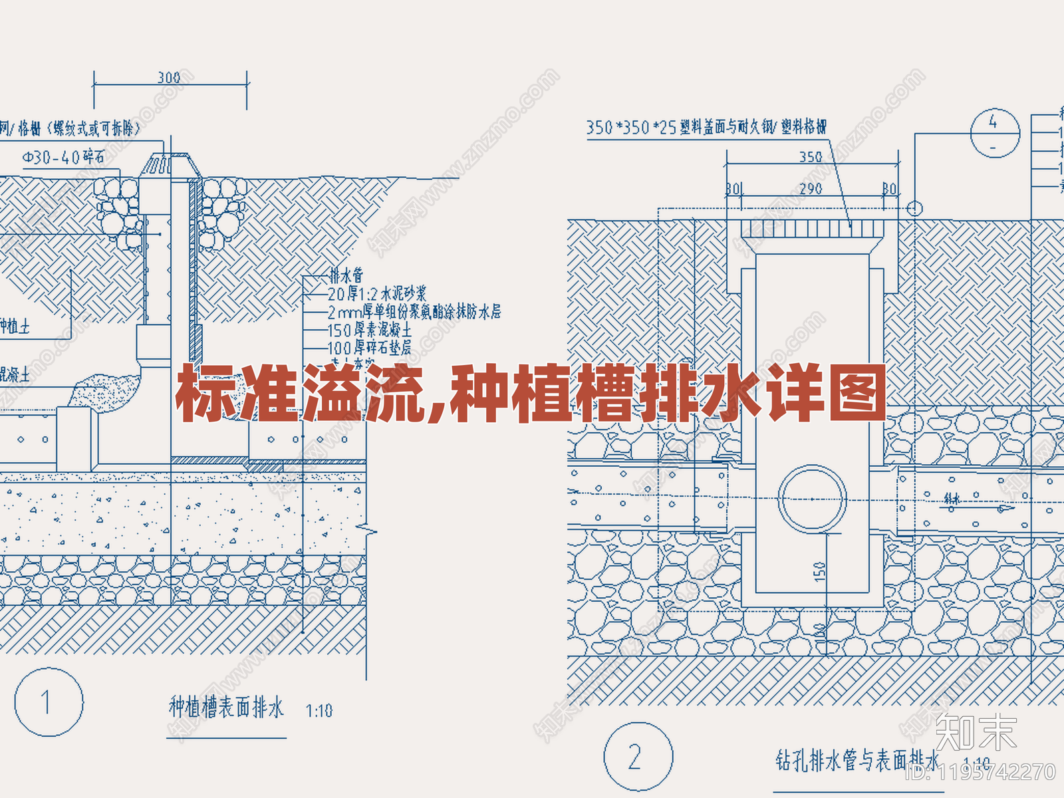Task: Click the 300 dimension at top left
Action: [x=169, y=78]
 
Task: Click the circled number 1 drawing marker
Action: [x=49, y=702]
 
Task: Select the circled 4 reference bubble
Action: [x=994, y=132]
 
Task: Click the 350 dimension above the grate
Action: [x=811, y=157]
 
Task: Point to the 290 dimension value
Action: [x=811, y=189]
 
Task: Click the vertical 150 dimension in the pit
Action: [x=819, y=571]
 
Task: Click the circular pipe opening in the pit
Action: [x=812, y=499]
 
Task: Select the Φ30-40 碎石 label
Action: [x=63, y=158]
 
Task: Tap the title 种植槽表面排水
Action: [x=226, y=708]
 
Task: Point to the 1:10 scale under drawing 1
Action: [x=319, y=711]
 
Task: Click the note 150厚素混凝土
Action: [x=370, y=330]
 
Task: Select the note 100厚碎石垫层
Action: [x=370, y=347]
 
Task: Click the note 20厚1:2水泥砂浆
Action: [x=377, y=293]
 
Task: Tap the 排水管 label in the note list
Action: [x=346, y=275]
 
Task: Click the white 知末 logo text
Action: [x=976, y=731]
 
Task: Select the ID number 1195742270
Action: [x=982, y=771]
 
